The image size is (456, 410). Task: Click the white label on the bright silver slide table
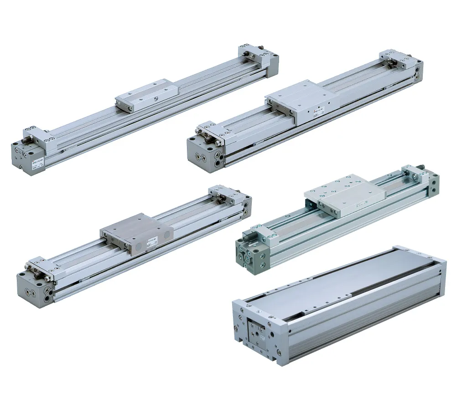coord(318,112)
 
